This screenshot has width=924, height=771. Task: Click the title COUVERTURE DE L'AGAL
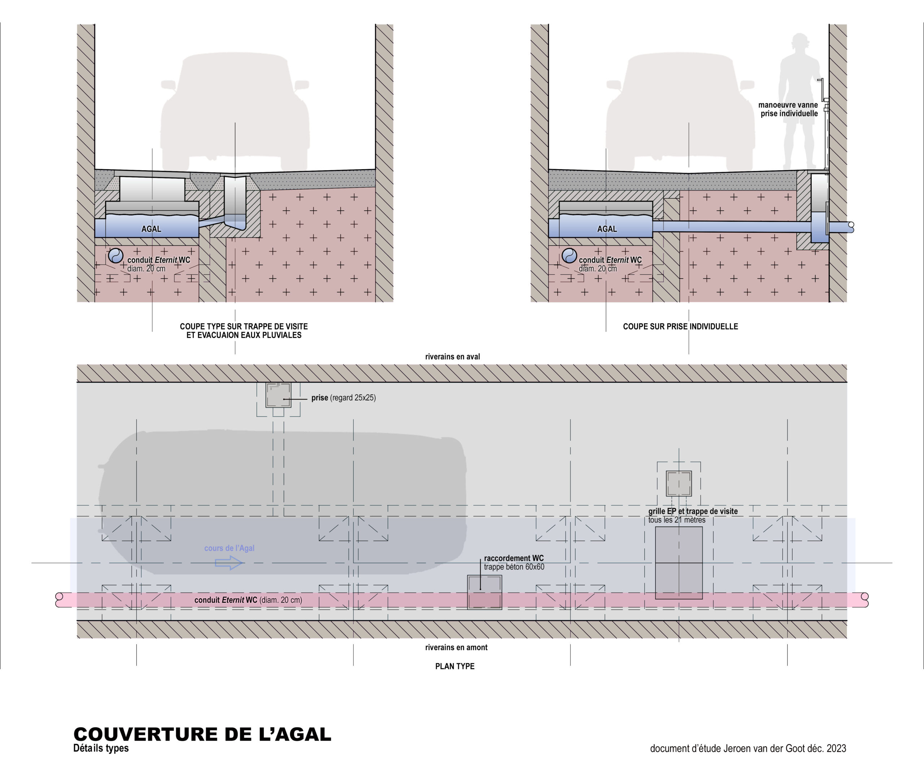point(202,734)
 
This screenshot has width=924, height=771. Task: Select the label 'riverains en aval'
point(452,357)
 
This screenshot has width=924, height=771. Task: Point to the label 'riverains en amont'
point(456,647)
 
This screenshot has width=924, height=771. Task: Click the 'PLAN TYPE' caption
point(454,666)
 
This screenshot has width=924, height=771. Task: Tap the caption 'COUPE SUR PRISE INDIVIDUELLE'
point(680,326)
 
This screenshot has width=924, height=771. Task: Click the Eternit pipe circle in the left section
point(116,255)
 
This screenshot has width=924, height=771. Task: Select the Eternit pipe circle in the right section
point(569,255)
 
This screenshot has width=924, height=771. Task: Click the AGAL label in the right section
point(607,229)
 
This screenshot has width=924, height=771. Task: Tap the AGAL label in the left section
point(151,229)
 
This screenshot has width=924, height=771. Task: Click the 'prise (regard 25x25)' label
point(343,398)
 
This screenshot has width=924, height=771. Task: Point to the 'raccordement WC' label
point(514,558)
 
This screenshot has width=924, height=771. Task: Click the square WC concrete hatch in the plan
point(484,592)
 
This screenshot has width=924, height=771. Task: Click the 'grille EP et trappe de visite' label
point(693,511)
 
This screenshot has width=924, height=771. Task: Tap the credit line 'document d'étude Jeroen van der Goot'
point(748,749)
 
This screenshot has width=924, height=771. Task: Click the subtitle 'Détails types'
point(101,748)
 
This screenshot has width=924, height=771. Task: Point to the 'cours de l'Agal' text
point(229,548)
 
